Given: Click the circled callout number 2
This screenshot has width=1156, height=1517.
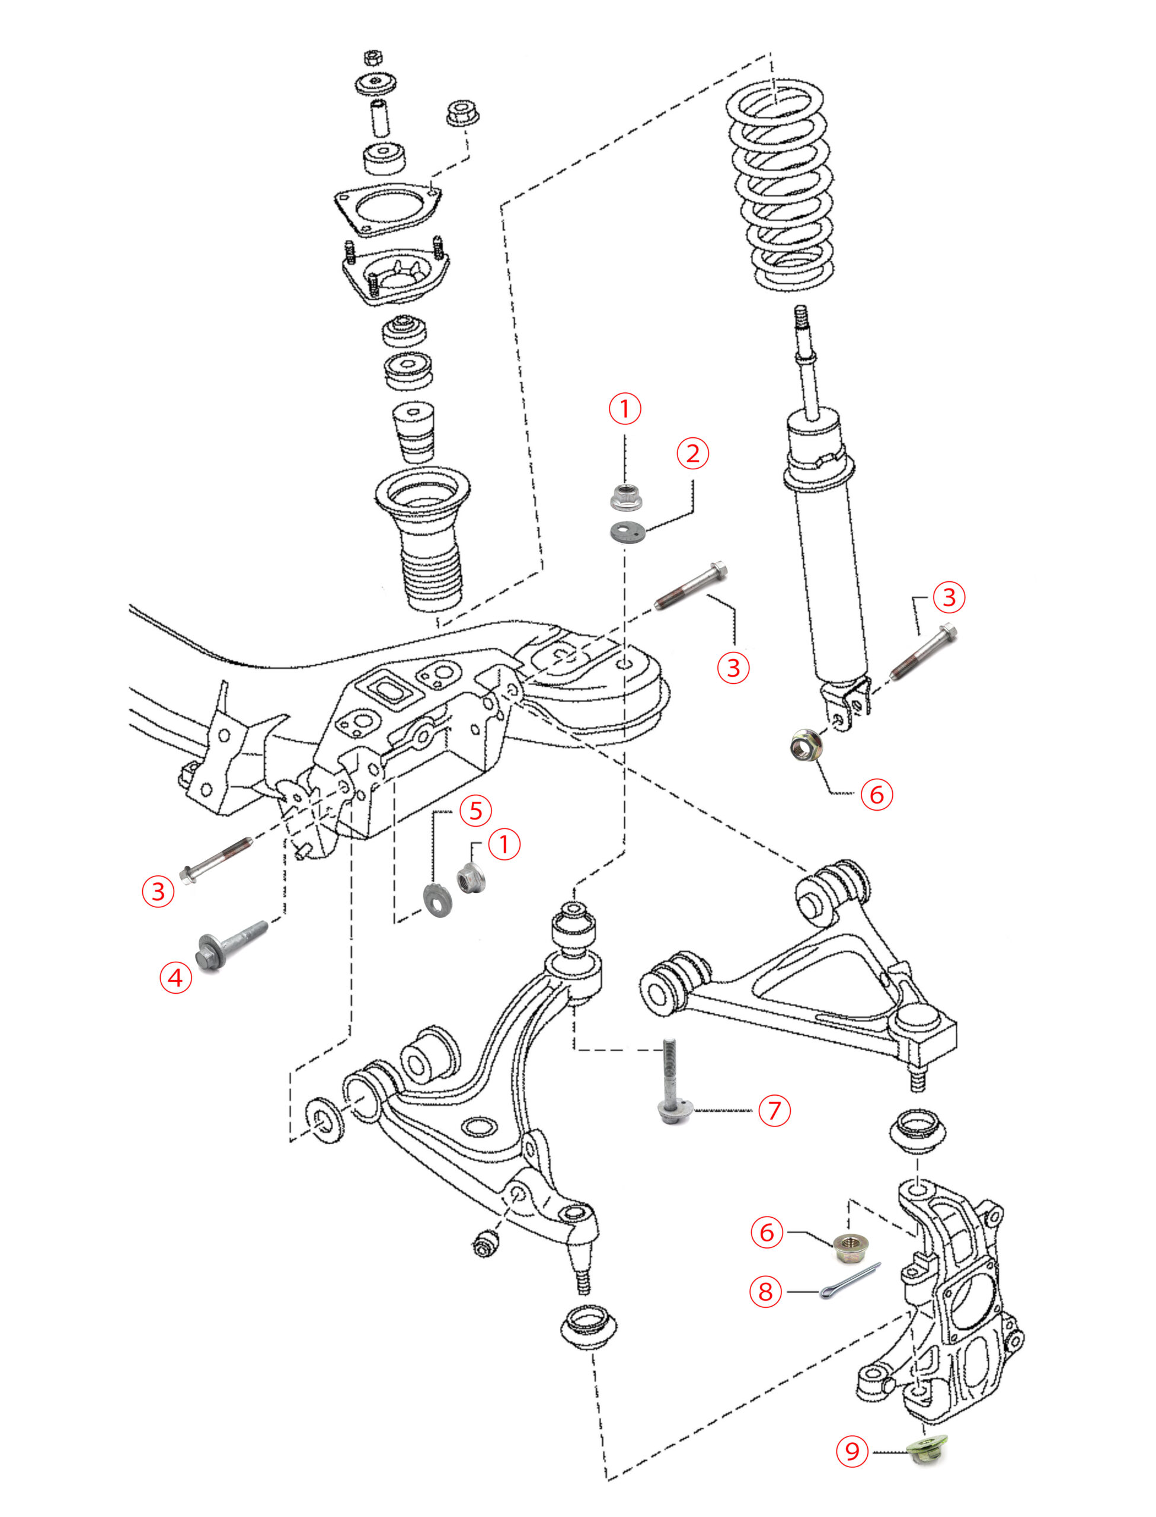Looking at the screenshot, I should pyautogui.click(x=692, y=453).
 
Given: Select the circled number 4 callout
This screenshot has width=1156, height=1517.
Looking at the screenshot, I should pyautogui.click(x=175, y=977).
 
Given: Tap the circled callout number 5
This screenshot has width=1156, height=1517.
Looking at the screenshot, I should pyautogui.click(x=475, y=811).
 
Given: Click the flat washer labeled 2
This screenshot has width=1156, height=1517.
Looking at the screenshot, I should pyautogui.click(x=626, y=532).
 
